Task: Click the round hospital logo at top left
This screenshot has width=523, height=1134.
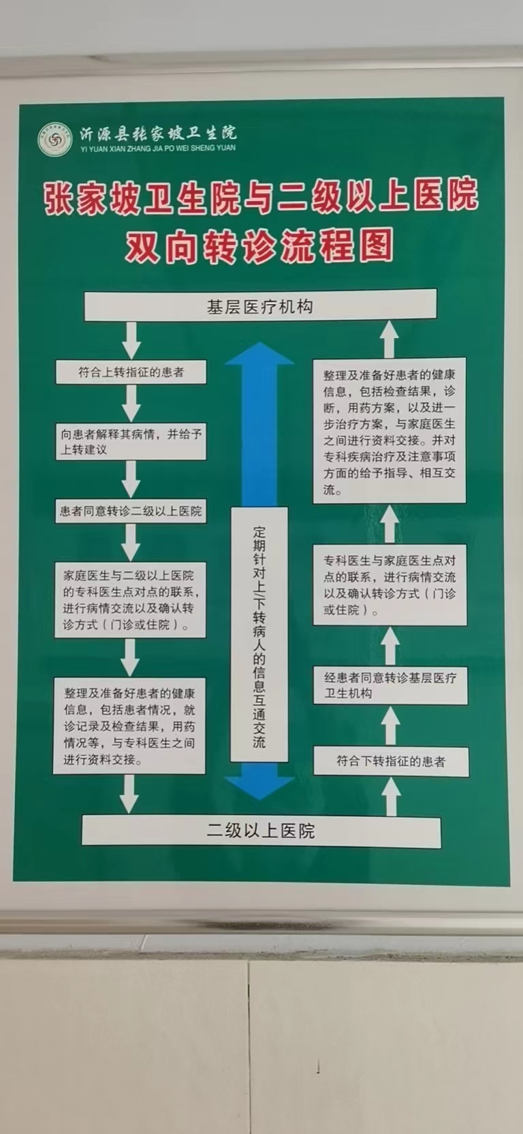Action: click(54, 139)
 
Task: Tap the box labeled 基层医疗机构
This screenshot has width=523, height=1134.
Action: click(260, 306)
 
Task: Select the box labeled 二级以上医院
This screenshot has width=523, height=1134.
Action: click(261, 831)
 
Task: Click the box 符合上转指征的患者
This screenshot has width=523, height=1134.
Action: click(131, 372)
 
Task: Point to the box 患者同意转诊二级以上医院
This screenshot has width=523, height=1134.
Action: click(130, 511)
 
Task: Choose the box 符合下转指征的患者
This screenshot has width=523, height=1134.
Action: click(391, 761)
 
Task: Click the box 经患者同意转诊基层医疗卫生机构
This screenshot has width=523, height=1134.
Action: click(390, 685)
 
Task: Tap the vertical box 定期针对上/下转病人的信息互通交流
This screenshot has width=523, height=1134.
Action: click(259, 634)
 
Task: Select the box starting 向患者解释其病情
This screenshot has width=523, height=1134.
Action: click(131, 442)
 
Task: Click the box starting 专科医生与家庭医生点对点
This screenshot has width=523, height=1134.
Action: click(390, 585)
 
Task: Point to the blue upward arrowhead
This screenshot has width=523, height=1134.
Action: click(259, 354)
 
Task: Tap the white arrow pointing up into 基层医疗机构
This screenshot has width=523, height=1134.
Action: click(389, 339)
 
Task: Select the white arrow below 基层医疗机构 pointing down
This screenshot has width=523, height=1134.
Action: click(131, 339)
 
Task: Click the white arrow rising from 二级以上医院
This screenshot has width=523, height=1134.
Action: click(391, 796)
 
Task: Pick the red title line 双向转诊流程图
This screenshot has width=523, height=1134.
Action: click(259, 247)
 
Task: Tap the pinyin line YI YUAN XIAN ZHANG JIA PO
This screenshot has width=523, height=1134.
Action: click(157, 148)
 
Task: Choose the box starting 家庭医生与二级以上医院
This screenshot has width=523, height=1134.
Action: click(130, 600)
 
